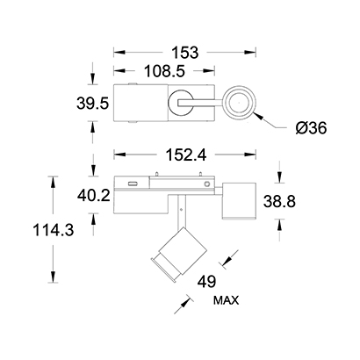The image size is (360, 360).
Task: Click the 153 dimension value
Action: (185, 53)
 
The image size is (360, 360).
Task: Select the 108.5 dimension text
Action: (165, 71)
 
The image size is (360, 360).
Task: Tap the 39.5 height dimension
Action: (93, 104)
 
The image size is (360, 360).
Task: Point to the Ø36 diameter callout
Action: (311, 128)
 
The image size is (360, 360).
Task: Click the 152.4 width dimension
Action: (186, 155)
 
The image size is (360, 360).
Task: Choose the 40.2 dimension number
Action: (94, 195)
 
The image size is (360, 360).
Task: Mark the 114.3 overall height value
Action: (54, 230)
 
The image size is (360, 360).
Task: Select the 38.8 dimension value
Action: (279, 202)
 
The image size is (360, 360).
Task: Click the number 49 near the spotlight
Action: (206, 282)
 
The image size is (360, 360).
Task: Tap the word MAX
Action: (226, 300)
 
